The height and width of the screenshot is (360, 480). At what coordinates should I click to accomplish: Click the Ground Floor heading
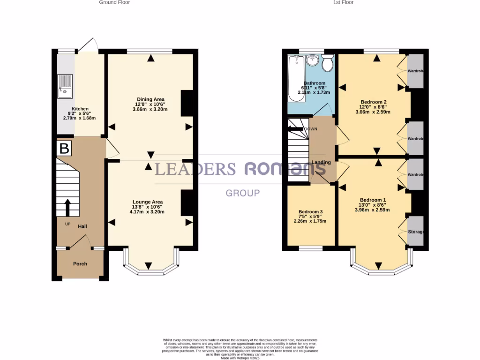click(114, 2)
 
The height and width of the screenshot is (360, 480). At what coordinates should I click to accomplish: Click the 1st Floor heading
click(343, 2)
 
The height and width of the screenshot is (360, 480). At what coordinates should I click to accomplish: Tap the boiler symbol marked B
click(64, 149)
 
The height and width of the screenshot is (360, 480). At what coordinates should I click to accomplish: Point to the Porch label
click(80, 264)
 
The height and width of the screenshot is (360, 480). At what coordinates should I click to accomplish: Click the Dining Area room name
click(150, 99)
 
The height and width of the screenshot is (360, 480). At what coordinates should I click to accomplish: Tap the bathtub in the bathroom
click(296, 78)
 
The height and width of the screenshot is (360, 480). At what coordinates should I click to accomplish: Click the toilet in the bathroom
click(328, 63)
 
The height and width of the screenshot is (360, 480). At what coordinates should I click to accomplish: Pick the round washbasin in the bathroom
click(312, 60)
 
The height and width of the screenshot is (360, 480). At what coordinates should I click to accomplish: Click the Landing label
click(321, 163)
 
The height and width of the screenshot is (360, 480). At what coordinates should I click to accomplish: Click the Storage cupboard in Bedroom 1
click(415, 232)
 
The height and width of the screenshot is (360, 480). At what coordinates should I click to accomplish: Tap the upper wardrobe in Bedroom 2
click(415, 71)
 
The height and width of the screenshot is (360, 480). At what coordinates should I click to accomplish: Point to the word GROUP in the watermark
click(243, 193)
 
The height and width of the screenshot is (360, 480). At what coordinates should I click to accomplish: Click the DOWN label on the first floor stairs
click(311, 129)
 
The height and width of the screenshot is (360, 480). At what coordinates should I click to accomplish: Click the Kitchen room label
click(80, 108)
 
